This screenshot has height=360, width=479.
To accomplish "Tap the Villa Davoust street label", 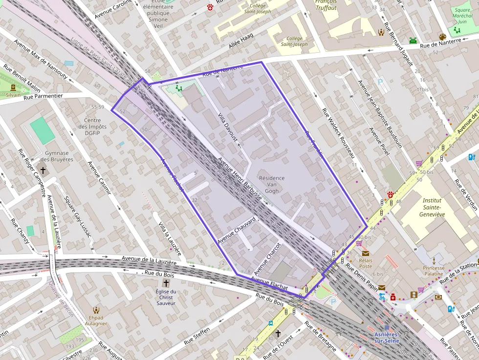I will tap(228, 128).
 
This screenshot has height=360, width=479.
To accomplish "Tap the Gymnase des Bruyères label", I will tap(57, 156).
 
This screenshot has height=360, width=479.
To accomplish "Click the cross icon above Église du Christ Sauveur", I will tap(166, 283).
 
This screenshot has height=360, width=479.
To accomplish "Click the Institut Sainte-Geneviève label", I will tap(432, 207).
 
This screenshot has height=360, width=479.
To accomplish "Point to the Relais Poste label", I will tap(366, 263).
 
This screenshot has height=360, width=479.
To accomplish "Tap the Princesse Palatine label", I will tap(434, 271).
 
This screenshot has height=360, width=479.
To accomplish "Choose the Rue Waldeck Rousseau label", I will tap(338, 132).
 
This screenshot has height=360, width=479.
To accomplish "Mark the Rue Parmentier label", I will tap(44, 96).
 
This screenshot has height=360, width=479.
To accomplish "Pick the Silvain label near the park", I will tap(13, 95).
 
